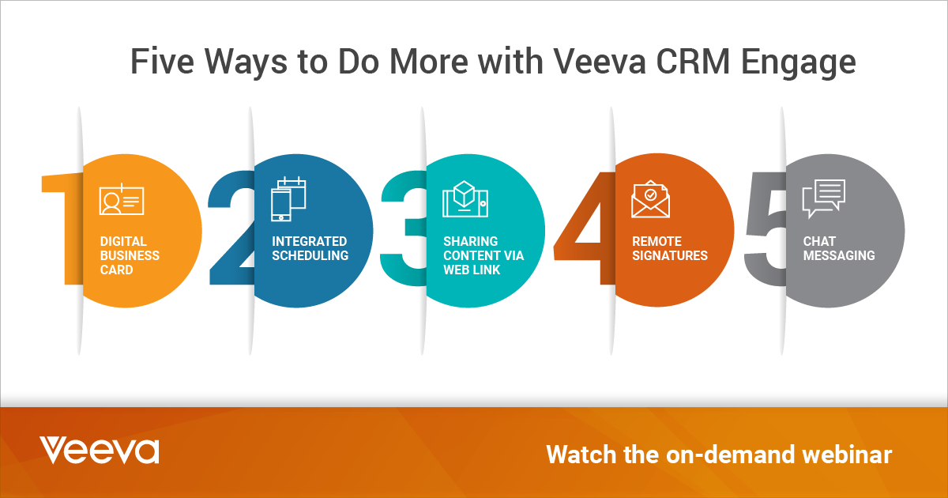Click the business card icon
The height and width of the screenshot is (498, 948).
click(x=122, y=201)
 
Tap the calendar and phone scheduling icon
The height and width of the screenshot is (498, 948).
click(x=288, y=198)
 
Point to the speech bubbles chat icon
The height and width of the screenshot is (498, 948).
click(x=823, y=198)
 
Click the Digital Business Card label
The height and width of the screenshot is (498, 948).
click(x=130, y=255)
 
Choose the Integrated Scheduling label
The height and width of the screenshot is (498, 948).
click(x=310, y=248)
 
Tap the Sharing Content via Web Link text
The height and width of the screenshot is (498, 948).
click(x=483, y=255)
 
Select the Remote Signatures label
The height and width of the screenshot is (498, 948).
click(x=669, y=248)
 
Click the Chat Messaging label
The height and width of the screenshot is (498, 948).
click(x=838, y=248)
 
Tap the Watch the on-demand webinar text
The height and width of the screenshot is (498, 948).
click(x=719, y=455)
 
